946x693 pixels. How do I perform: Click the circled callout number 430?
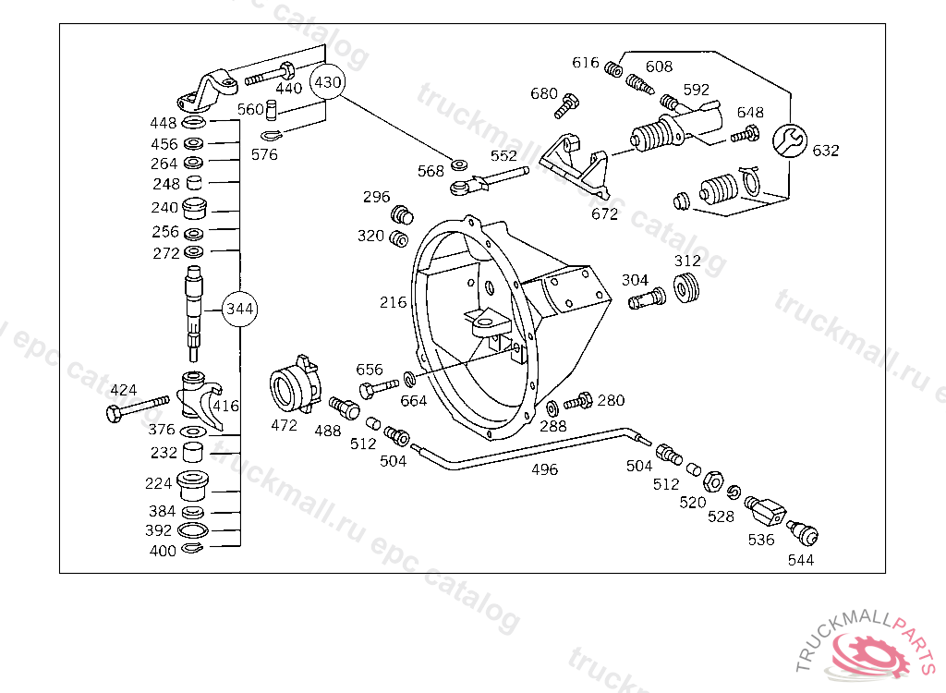click(328, 81)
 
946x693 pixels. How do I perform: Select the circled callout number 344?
click(239, 309)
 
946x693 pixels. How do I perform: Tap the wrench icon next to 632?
click(790, 140)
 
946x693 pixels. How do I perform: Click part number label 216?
click(393, 302)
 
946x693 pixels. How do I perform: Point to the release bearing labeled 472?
click(295, 384)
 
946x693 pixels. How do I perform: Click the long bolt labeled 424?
click(138, 408)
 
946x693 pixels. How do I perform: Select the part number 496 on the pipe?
click(544, 469)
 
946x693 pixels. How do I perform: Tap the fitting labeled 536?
click(765, 511)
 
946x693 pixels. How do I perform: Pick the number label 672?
click(604, 213)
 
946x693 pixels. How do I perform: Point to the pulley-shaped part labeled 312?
click(686, 288)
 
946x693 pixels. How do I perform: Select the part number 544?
click(801, 560)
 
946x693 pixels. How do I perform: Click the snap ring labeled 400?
click(193, 548)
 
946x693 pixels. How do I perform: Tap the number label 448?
click(163, 123)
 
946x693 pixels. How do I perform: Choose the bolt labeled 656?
click(379, 388)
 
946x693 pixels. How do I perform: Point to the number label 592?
click(697, 90)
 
